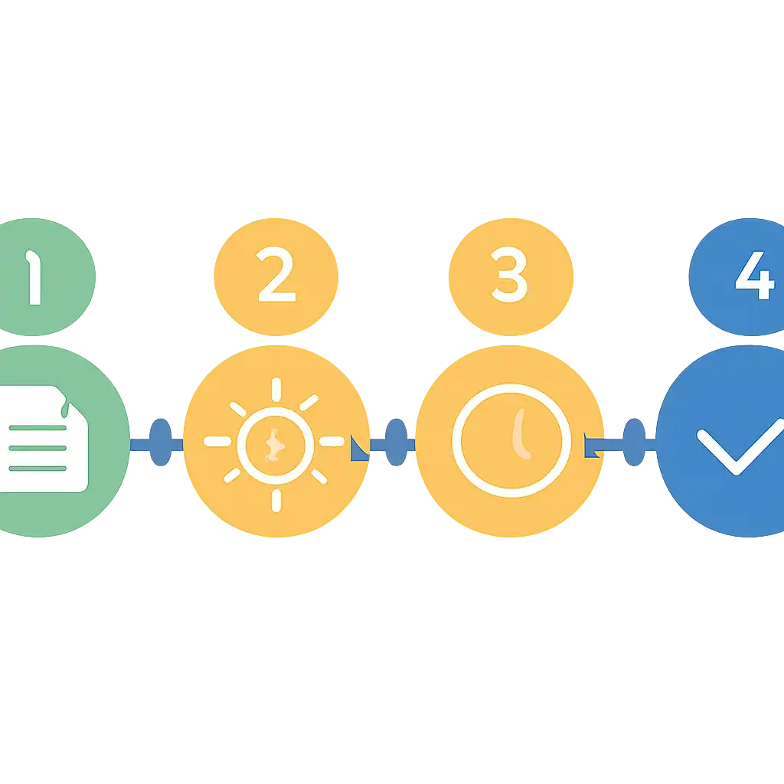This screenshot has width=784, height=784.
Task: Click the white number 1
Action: (34, 277)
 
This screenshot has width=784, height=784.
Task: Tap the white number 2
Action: (276, 274)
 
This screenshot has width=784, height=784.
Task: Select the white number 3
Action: (509, 275)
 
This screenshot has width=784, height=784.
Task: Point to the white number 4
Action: (755, 276)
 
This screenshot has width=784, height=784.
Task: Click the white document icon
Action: (43, 439)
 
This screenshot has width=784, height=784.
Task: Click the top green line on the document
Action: (38, 427)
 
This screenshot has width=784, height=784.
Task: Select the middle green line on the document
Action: (38, 448)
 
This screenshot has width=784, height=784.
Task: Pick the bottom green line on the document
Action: (38, 469)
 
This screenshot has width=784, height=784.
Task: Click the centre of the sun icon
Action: (275, 446)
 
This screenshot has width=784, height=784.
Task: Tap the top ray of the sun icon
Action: (276, 390)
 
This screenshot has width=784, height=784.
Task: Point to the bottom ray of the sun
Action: (276, 501)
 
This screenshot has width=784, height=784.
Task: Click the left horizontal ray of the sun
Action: (217, 441)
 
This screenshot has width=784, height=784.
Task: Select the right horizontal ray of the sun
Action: (332, 441)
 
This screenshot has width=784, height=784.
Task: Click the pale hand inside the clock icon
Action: (521, 433)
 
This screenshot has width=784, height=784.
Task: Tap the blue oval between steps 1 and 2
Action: (161, 442)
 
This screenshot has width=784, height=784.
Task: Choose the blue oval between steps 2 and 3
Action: (396, 442)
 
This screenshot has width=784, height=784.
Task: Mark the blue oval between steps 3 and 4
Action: (634, 442)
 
